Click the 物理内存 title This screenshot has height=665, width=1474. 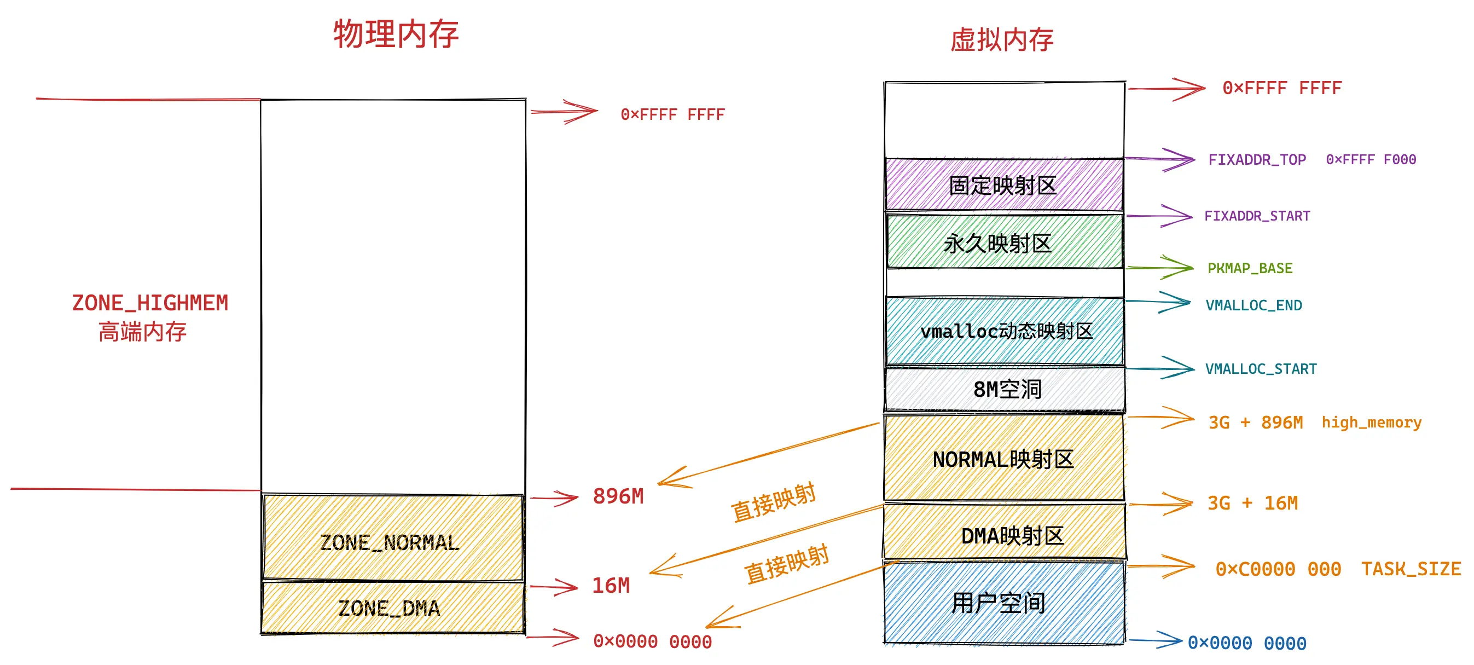point(396,34)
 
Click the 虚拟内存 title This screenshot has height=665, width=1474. point(1001,40)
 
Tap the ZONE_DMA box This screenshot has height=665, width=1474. point(392,608)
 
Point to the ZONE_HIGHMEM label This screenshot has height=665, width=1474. point(150,303)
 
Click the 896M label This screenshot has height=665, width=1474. point(618,497)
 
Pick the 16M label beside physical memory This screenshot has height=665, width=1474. point(611,586)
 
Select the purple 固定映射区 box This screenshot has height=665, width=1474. point(1003,186)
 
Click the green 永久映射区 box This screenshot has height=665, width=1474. point(1003,242)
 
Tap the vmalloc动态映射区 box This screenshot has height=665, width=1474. point(1005,331)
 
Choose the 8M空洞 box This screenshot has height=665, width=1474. point(1005,390)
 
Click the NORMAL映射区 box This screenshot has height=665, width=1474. point(1003,459)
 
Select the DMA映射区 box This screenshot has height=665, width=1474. point(1005,536)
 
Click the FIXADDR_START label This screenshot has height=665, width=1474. point(1257,216)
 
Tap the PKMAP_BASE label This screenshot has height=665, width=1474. point(1250,268)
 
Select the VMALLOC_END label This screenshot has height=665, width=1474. point(1254,305)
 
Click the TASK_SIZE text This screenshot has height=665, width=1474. point(1411,569)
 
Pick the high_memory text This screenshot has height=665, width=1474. point(1371,423)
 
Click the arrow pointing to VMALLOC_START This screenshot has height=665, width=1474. point(1162,368)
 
